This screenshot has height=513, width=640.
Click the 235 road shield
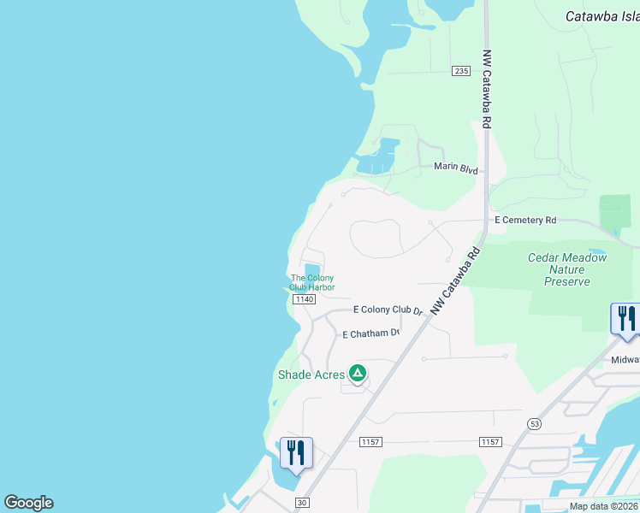click(x=461, y=71)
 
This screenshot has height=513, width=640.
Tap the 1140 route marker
click(x=304, y=299)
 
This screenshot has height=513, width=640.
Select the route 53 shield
click(x=535, y=423)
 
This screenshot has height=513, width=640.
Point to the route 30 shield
click(x=300, y=503)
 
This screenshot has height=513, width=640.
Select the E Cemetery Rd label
click(x=525, y=220)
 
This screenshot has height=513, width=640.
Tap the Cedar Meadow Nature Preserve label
click(x=566, y=269)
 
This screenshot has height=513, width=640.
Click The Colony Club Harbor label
click(x=312, y=282)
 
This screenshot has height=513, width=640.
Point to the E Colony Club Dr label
click(x=389, y=310)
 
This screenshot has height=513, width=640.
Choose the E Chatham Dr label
click(x=371, y=334)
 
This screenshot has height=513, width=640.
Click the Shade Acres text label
click(x=311, y=374)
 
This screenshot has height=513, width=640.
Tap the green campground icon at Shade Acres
click(x=358, y=374)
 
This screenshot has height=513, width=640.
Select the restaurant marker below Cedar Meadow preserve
click(x=625, y=319)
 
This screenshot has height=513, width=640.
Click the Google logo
click(x=28, y=503)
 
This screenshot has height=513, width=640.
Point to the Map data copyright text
click(x=604, y=506)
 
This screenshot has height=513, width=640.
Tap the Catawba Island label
click(x=602, y=16)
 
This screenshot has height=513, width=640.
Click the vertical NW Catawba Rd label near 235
click(x=486, y=87)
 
